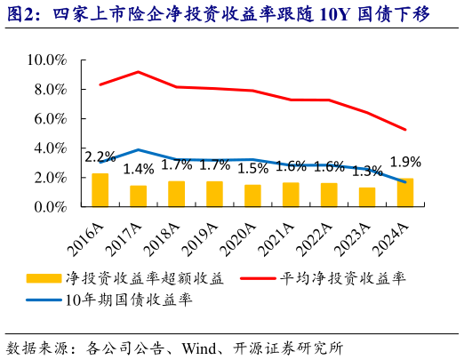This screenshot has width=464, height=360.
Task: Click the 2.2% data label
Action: point(100,157)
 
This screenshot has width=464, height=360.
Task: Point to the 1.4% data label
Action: point(139,169)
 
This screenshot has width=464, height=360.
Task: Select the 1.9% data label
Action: point(405,162)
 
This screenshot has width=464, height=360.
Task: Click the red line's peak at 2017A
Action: point(139,72)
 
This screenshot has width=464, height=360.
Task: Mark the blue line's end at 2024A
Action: point(405,182)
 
